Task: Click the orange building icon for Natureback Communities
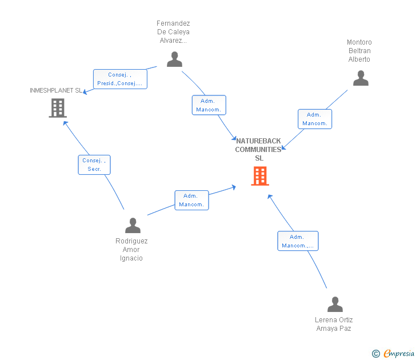[x=260, y=176]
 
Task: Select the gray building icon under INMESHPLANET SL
[x=58, y=108]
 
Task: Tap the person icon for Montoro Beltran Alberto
[x=361, y=78]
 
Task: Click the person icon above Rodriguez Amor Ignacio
[x=133, y=226]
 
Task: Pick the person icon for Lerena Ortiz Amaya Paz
[x=335, y=305]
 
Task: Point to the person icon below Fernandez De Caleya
[x=175, y=59]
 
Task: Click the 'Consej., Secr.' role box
[x=94, y=165]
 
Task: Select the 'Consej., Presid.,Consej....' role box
[x=120, y=79]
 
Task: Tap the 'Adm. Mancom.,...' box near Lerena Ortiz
[x=298, y=241]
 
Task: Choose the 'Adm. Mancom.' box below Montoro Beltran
[x=315, y=119]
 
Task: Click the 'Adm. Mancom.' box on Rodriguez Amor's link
[x=191, y=201]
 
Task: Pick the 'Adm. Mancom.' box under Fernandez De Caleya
[x=209, y=105]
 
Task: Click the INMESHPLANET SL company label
[x=56, y=90]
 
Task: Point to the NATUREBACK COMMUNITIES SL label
[x=258, y=149]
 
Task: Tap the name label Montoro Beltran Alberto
[x=359, y=51]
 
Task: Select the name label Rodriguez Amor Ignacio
[x=131, y=249]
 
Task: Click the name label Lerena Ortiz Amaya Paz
[x=334, y=324]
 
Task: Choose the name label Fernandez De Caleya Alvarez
[x=173, y=32]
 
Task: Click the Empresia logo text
[x=399, y=353]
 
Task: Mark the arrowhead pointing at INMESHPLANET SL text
[x=85, y=92]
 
